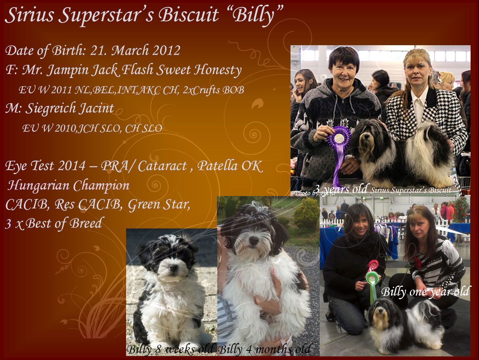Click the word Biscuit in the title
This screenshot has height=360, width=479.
188,16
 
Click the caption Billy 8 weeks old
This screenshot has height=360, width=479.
171,349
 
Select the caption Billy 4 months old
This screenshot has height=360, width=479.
264,349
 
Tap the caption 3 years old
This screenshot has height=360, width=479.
341,189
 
